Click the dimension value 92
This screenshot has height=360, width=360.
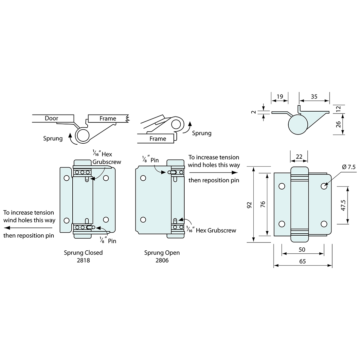[x=249, y=205]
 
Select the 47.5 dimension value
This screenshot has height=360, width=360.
[x=343, y=205]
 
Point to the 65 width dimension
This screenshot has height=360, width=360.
[x=303, y=261]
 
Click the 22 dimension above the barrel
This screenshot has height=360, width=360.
[x=299, y=156]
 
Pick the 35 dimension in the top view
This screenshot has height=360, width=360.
[x=314, y=97]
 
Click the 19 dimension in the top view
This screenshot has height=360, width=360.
[x=279, y=97]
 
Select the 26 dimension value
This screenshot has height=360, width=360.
[x=338, y=124]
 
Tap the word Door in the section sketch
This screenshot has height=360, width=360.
[x=51, y=118]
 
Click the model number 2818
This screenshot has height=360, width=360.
[x=83, y=261]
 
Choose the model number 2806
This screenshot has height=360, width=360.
[x=162, y=261]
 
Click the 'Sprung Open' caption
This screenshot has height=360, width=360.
[x=162, y=253]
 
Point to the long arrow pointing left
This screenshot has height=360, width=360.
[x=28, y=228]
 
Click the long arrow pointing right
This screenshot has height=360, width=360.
[x=213, y=172]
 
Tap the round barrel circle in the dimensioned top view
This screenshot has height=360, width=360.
[x=298, y=124]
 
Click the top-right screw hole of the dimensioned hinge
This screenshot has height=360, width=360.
[x=324, y=186]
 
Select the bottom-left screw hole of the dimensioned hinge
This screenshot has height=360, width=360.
[x=282, y=224]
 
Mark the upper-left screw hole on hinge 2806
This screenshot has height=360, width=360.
[x=143, y=178]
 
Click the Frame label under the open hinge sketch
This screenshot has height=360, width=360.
[x=158, y=139]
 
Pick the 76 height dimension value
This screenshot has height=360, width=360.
[x=263, y=204]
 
